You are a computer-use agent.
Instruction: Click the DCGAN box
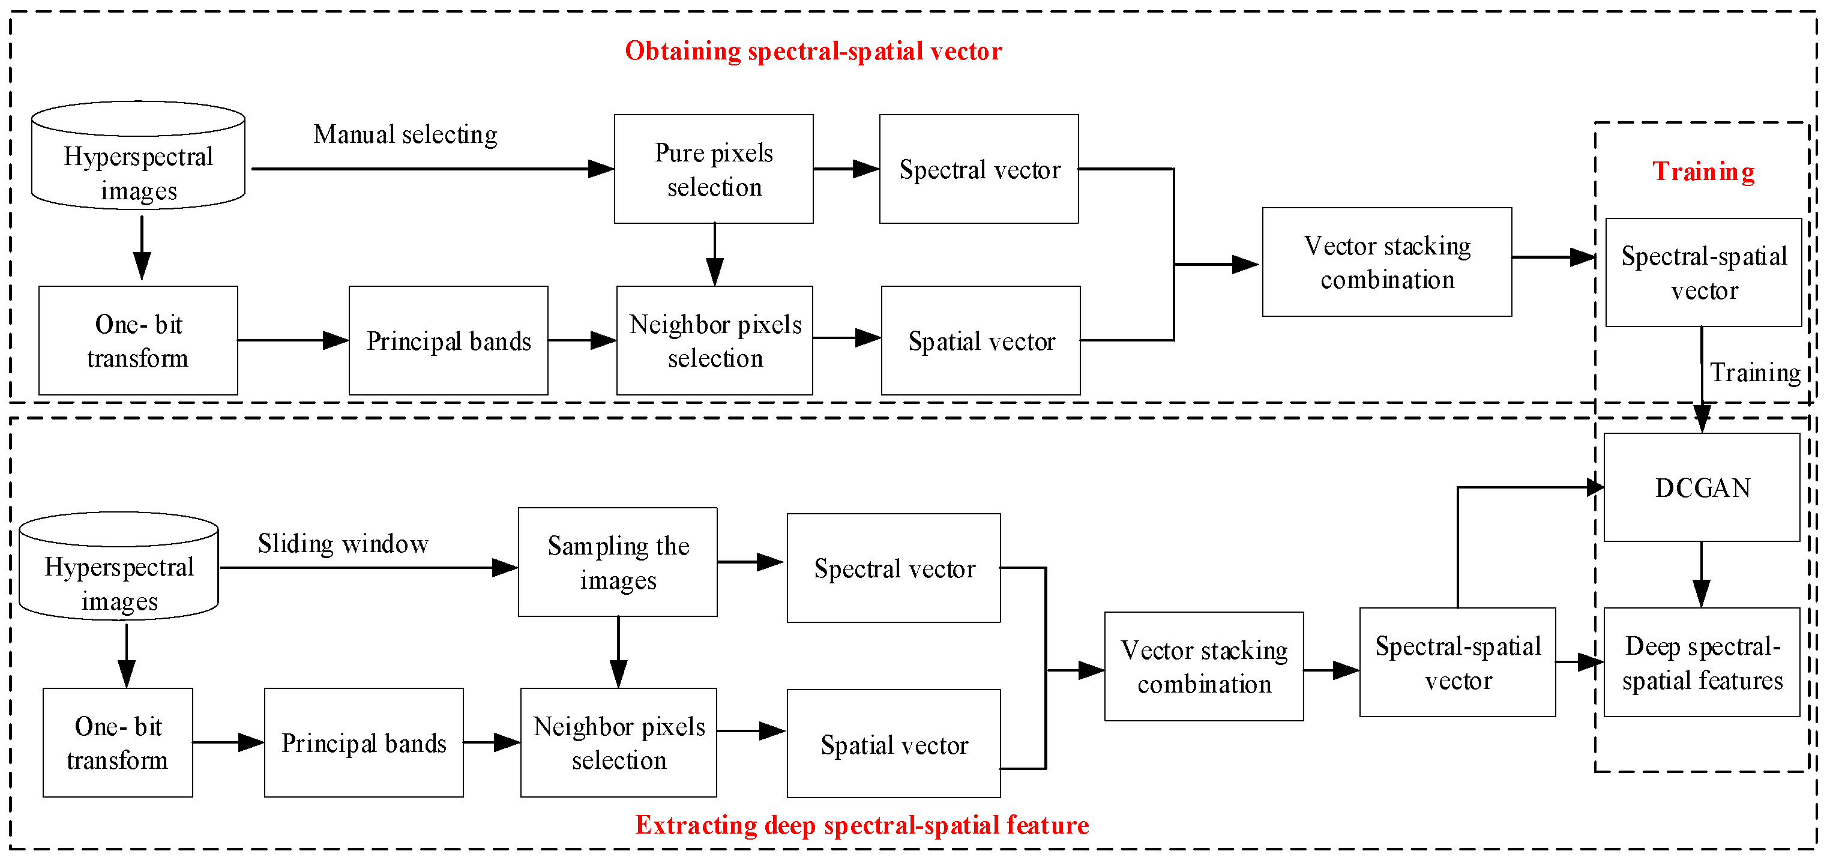pos(1702,488)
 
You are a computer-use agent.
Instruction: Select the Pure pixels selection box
pos(714,169)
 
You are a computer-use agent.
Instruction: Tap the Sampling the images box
pos(617,562)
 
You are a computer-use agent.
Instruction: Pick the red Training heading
pos(1703,172)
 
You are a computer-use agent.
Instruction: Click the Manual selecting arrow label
pos(405,134)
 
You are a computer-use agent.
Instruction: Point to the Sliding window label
pos(343,544)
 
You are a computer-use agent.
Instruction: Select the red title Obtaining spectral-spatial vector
pos(813,51)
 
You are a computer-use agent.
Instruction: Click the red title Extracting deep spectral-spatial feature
pos(862,825)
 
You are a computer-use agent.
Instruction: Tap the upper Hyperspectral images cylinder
pos(138,156)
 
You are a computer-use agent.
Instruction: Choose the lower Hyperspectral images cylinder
pos(118,567)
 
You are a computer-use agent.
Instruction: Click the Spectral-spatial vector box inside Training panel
pos(1703,272)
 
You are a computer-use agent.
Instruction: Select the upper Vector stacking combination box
pos(1386,262)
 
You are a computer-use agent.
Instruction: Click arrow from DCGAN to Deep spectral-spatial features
pos(1701,574)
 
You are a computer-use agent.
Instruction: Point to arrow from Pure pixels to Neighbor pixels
pos(715,254)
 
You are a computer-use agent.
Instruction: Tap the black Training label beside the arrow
pos(1754,373)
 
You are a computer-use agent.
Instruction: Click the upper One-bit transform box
pos(137,340)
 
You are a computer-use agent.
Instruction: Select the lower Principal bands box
pos(363,742)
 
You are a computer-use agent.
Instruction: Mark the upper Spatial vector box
pos(980,340)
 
